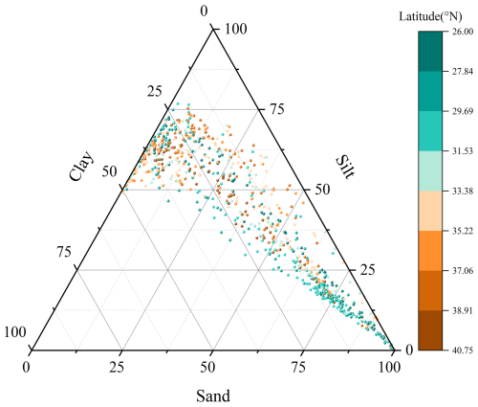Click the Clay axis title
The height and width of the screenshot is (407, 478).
81,166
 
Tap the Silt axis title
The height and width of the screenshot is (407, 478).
345,167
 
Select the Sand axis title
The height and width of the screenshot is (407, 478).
213,396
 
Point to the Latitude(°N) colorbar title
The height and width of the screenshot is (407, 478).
430,16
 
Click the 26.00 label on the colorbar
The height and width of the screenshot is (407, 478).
463,32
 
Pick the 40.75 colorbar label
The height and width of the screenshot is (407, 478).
463,350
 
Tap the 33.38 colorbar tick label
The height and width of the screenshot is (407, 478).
463,191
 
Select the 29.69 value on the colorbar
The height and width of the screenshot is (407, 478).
463,111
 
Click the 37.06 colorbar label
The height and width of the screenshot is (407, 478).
463,271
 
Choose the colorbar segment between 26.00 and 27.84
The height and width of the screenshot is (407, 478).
430,51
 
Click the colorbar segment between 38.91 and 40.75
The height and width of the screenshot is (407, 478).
430,330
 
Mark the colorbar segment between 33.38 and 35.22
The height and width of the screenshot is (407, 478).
430,211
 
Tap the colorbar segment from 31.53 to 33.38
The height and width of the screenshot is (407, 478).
430,170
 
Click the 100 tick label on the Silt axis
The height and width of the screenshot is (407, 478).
235,29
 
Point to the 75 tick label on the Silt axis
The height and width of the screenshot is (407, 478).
276,109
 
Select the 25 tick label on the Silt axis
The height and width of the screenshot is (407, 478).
367,270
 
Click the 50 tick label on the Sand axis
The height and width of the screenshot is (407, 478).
207,368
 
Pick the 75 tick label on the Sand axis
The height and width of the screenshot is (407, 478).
298,368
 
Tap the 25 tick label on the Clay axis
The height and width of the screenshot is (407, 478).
155,92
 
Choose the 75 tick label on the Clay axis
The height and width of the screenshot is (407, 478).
64,252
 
